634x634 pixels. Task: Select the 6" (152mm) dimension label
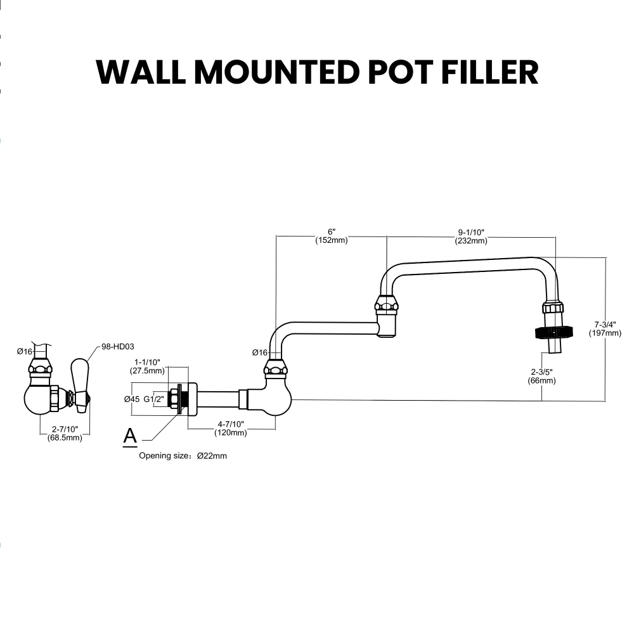tap(331, 236)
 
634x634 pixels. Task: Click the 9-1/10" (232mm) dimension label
tap(471, 236)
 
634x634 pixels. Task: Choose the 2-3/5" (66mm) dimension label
tap(541, 376)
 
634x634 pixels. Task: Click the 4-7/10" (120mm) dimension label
tap(231, 428)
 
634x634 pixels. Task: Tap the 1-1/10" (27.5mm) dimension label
tap(147, 366)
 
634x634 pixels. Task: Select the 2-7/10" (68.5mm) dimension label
tap(65, 433)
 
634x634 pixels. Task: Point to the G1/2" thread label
tap(153, 399)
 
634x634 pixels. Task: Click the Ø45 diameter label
tap(132, 399)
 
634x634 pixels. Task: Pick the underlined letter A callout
tap(130, 436)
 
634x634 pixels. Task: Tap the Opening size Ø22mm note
tap(183, 455)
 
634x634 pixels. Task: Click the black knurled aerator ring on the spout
tap(554, 332)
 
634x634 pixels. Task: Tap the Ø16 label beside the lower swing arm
tap(259, 353)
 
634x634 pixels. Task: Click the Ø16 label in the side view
tap(25, 351)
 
